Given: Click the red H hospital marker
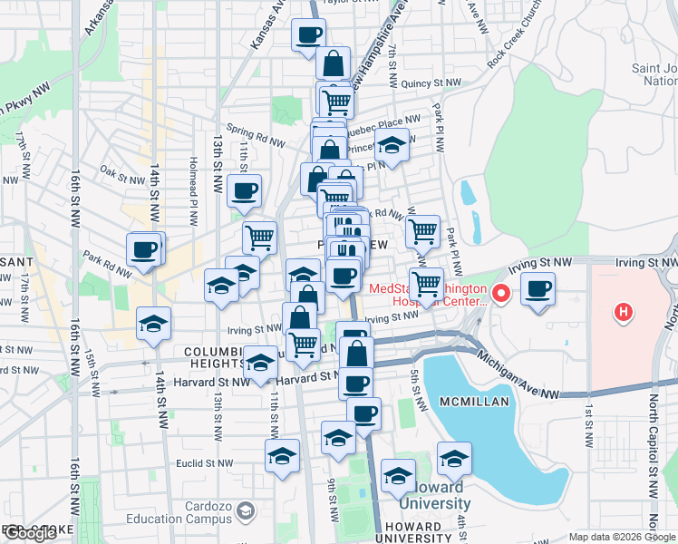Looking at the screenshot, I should point(623,314).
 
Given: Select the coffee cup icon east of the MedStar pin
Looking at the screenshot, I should point(538,290).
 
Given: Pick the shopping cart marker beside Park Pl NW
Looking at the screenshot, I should point(422,233).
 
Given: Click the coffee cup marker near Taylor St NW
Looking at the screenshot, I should point(308,36).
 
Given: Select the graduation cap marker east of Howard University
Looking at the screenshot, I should point(454,460).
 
